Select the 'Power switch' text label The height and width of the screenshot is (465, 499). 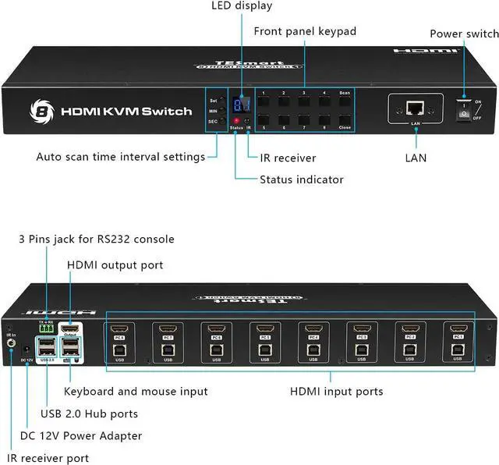pyautogui.click(x=464, y=34)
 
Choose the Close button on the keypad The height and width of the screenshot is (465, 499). pyautogui.click(x=345, y=120)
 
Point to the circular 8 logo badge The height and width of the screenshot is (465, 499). pyautogui.click(x=40, y=109)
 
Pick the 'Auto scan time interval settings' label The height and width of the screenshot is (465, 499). pyautogui.click(x=120, y=157)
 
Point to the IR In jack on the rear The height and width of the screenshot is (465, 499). pyautogui.click(x=12, y=340)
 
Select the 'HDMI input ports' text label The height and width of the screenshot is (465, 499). pyautogui.click(x=336, y=391)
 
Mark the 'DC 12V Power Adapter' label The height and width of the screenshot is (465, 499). pyautogui.click(x=81, y=435)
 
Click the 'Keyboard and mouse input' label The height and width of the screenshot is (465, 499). pyautogui.click(x=136, y=391)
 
